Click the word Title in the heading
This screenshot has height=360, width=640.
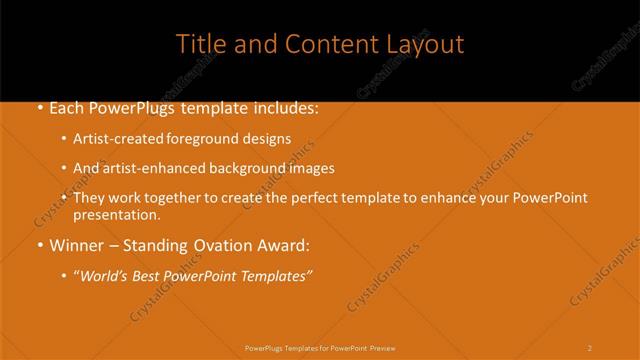(200, 44)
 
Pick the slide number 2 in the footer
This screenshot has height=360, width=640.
(589, 348)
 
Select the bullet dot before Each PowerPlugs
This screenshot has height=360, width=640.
(39, 107)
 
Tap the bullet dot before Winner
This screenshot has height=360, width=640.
(39, 245)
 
